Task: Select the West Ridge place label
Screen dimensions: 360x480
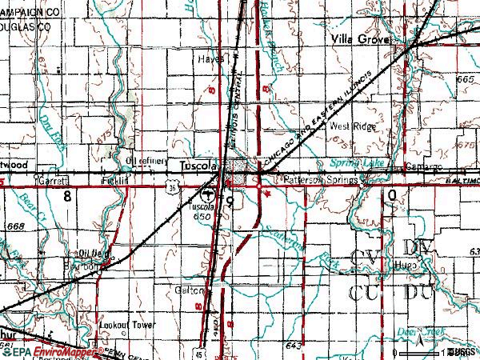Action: [x=351, y=126]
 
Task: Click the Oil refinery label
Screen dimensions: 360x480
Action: [x=146, y=162]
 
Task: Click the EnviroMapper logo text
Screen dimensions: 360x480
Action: [x=58, y=350]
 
